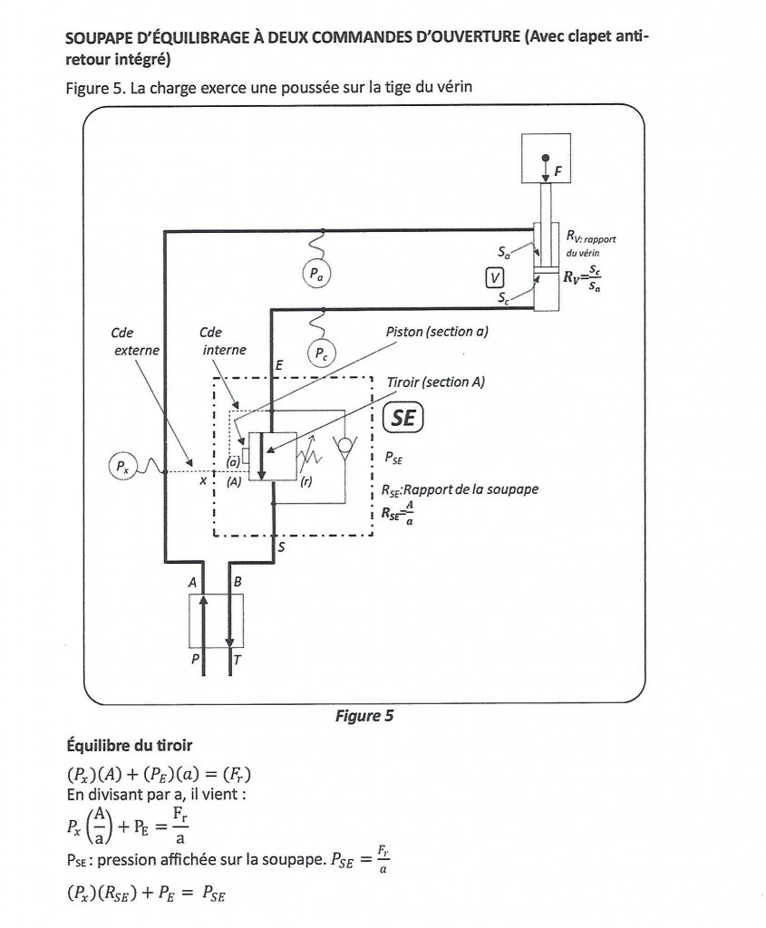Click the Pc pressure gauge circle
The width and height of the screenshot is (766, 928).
point(324,352)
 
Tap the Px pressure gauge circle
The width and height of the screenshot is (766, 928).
point(121,468)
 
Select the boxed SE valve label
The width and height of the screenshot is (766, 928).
point(403,418)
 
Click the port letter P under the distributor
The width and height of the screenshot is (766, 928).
point(195,662)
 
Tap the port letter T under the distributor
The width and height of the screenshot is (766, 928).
point(237,662)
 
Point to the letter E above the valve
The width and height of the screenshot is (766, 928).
point(280,362)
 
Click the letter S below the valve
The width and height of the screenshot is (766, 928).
point(280,546)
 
